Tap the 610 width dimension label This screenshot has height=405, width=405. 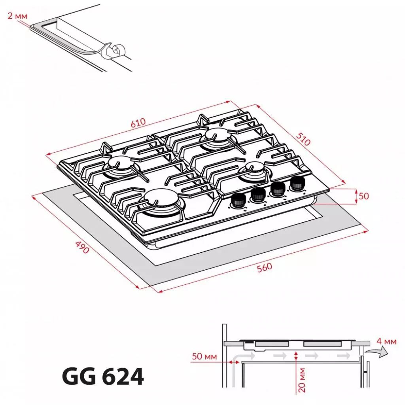tap(138, 123)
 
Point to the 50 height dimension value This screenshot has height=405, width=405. tap(363, 196)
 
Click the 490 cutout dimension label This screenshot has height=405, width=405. tap(82, 248)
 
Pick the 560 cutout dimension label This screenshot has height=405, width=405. tap(264, 268)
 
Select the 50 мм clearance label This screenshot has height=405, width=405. tap(204, 357)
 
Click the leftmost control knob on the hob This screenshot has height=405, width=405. tap(237, 200)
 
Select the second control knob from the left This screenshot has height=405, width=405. tap(258, 194)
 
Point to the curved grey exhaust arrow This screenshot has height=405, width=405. tap(377, 352)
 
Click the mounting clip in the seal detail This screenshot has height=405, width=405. tap(115, 51)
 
